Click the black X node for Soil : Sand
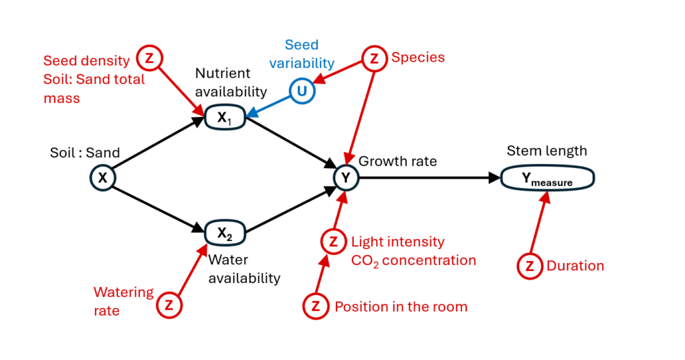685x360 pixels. click(104, 177)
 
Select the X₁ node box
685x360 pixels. click(225, 118)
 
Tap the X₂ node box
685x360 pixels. click(225, 232)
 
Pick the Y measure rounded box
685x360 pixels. click(547, 179)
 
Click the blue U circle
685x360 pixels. click(302, 91)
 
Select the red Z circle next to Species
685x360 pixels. click(374, 58)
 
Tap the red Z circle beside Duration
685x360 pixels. click(530, 266)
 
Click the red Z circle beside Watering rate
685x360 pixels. click(169, 305)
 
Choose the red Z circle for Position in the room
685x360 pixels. click(316, 306)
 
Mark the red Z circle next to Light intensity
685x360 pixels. click(332, 242)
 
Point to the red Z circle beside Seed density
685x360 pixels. click(149, 58)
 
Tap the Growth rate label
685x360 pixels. click(397, 161)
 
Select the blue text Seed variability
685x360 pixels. click(309, 54)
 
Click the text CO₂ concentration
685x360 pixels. click(413, 260)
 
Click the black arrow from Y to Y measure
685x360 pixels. click(428, 177)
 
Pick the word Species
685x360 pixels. click(418, 58)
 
